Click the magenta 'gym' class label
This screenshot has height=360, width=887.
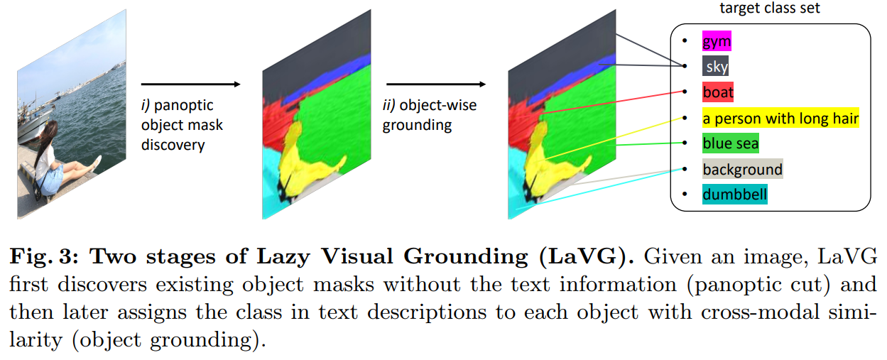[x=716, y=41]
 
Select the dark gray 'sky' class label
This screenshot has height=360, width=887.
[x=715, y=67]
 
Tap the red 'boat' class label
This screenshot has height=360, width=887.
[x=718, y=92]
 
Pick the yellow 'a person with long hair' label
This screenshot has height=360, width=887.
[x=780, y=118]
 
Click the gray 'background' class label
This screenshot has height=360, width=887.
[x=742, y=169]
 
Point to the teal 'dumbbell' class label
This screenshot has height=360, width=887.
[x=734, y=194]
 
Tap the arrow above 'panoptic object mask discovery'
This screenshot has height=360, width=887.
[x=190, y=84]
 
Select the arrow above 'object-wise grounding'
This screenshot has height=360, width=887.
[x=435, y=84]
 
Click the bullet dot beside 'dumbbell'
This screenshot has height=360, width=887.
[x=685, y=194]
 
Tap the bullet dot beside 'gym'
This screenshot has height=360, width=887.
[x=685, y=41]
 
